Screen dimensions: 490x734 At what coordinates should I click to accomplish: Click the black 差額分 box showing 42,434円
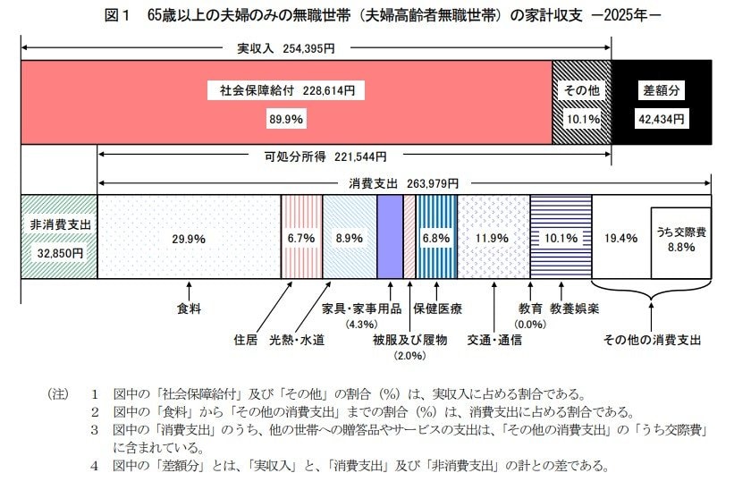click(662, 103)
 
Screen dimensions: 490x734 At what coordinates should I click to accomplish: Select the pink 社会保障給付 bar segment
click(286, 103)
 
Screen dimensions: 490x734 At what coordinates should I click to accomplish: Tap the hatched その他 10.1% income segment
click(581, 103)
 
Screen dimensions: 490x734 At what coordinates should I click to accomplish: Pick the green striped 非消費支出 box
click(58, 237)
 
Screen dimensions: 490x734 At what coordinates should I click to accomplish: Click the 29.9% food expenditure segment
click(189, 238)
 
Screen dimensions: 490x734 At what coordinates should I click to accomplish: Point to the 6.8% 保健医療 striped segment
click(436, 238)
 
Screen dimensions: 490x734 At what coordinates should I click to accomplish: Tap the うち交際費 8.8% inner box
click(680, 239)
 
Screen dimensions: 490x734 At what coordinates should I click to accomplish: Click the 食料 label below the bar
click(189, 309)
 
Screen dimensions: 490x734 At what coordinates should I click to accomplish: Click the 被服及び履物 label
click(409, 340)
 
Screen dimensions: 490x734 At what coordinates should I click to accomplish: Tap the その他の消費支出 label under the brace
click(652, 340)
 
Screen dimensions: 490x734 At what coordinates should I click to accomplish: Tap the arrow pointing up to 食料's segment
click(189, 291)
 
